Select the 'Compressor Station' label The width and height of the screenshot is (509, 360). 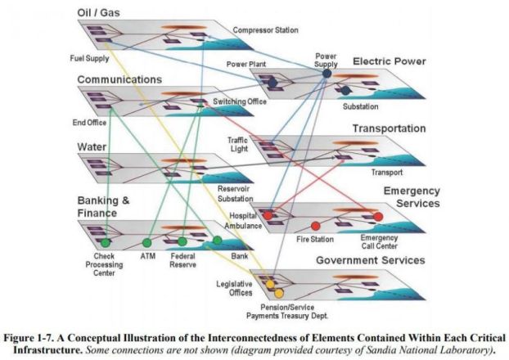[x=264, y=31]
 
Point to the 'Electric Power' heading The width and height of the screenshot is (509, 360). [x=389, y=61]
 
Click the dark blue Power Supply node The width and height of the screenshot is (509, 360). [x=327, y=74]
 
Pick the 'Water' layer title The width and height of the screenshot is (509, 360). [x=93, y=146]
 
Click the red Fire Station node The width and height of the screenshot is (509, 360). [x=315, y=226]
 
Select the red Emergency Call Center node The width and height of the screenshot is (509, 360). [x=378, y=217]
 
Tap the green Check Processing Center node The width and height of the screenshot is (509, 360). [x=106, y=243]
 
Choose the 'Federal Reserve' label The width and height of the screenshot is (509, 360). [x=182, y=260]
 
